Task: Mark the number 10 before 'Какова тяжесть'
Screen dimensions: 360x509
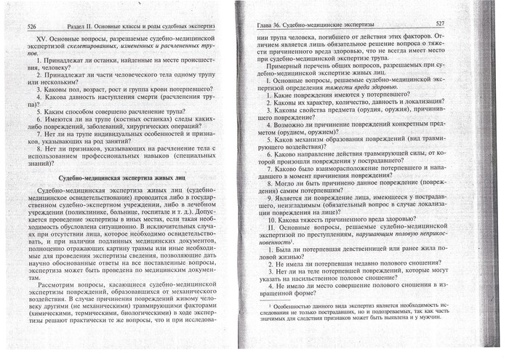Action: (x=273, y=218)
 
